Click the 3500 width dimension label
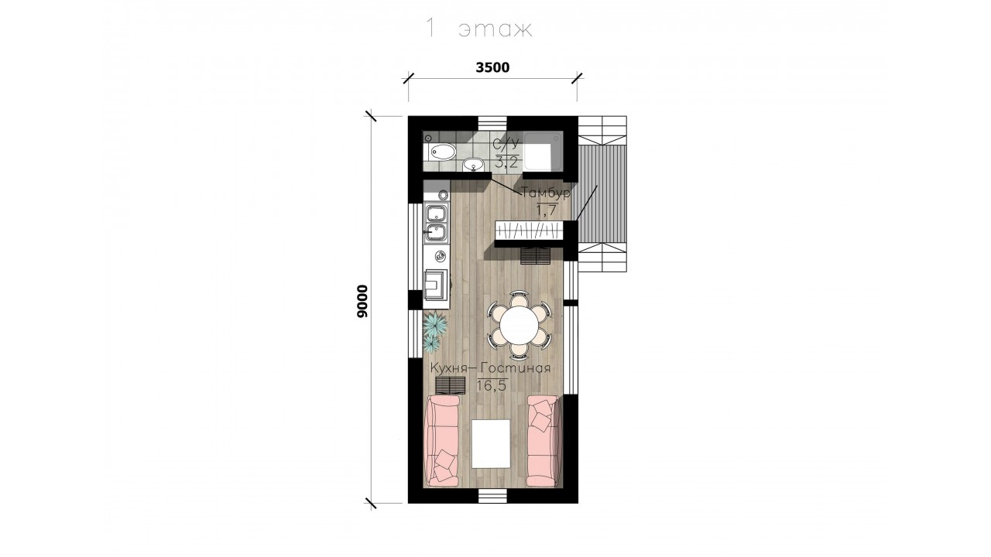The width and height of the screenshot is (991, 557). [x=492, y=67]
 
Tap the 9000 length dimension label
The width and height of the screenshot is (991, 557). [x=362, y=302]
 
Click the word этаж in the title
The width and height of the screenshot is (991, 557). [x=495, y=29]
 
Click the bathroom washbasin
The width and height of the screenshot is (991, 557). [x=474, y=165]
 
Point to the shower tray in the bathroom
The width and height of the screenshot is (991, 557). [x=543, y=151]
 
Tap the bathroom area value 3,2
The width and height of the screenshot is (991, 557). [x=506, y=162]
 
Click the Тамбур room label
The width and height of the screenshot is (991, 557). [x=546, y=193]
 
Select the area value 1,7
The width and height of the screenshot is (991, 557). [x=546, y=210]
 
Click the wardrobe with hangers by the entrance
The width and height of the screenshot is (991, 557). [x=529, y=230]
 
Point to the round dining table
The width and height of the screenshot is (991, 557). [x=520, y=326]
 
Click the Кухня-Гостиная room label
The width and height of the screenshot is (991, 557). [x=491, y=368]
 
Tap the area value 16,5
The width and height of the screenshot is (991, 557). [x=491, y=385]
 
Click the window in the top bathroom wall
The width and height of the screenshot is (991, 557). [x=492, y=123]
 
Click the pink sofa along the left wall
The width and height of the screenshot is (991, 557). [x=132, y=440]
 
